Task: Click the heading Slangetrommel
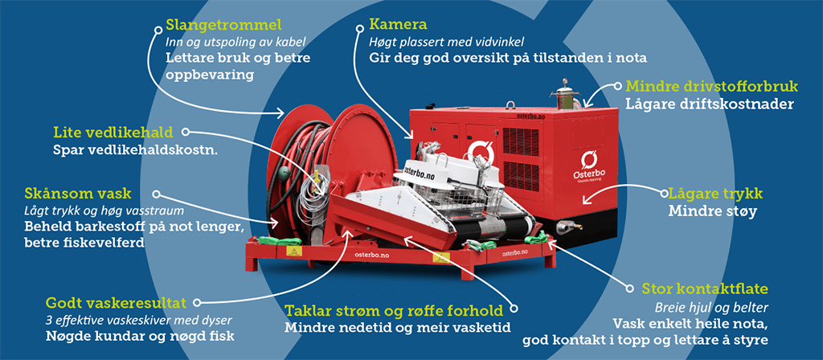point(223,25)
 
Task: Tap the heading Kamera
point(398,25)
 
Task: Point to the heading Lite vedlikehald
point(113,133)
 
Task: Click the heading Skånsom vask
point(78,194)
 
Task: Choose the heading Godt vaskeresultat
point(116,303)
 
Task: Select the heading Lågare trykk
point(715,194)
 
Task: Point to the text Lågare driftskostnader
point(709,104)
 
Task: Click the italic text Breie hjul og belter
point(712,306)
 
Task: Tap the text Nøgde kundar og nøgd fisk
point(140,335)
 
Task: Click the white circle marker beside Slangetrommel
point(157,31)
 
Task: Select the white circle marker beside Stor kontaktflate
point(630,288)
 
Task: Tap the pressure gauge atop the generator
point(565,83)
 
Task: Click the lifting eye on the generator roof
point(509,105)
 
